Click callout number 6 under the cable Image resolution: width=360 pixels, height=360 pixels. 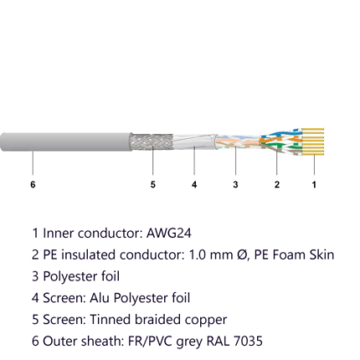(x=33, y=184)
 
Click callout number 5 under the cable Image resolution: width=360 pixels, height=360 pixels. (x=152, y=184)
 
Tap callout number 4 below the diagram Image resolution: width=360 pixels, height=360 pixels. (x=194, y=184)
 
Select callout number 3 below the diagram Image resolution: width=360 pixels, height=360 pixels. (x=235, y=184)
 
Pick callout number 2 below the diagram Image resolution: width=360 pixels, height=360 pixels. (x=276, y=184)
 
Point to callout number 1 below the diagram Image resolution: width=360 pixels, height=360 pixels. (x=314, y=184)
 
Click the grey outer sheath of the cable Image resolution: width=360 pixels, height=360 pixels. (x=66, y=142)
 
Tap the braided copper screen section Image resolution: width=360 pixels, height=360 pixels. (x=152, y=142)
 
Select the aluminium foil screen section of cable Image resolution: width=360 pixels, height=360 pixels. (x=194, y=141)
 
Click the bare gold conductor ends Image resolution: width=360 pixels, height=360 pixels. (x=313, y=141)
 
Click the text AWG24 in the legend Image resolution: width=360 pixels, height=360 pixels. (x=169, y=234)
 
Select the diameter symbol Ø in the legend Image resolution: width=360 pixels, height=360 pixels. (x=242, y=255)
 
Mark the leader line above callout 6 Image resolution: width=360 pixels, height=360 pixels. (x=33, y=163)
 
